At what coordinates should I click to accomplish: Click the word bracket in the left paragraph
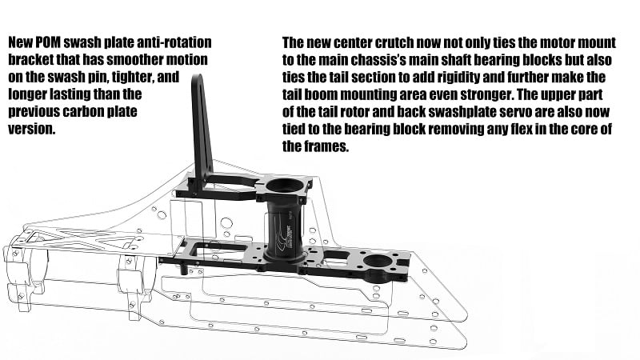pos(32,60)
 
